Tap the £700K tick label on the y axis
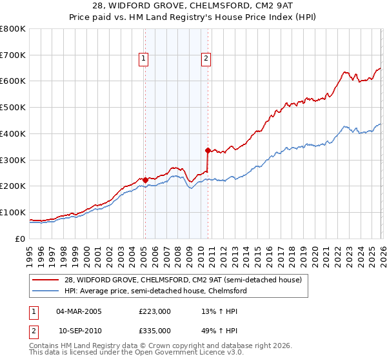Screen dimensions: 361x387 [13, 55]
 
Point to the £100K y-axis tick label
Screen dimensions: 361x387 [13, 212]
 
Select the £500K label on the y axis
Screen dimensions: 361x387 [13, 108]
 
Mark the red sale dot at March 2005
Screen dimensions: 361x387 [145, 180]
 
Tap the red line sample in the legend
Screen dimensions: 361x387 [47, 280]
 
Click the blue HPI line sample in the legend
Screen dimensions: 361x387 [47, 291]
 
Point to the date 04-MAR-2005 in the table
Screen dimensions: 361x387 [79, 311]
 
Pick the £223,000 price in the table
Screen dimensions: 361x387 [155, 311]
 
